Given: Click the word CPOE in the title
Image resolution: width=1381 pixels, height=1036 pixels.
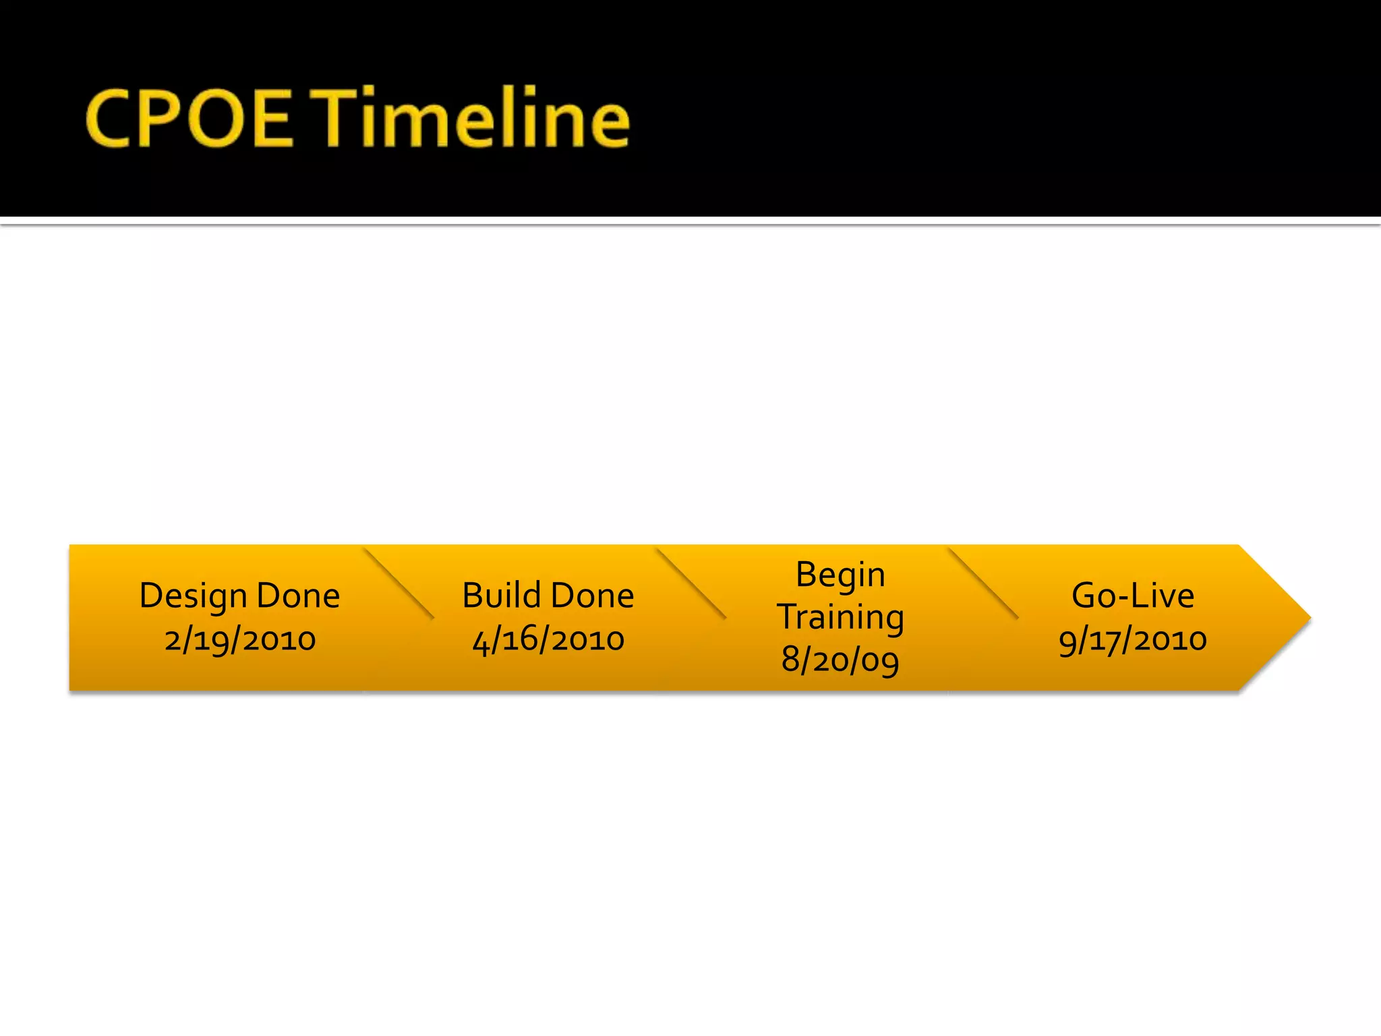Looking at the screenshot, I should click(x=189, y=119).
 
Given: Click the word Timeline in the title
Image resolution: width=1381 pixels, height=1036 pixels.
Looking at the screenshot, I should click(x=473, y=117).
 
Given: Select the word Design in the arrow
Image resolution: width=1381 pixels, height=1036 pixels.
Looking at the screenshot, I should click(x=193, y=597).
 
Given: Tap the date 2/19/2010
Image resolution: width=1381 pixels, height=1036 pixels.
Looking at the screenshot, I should click(x=240, y=639).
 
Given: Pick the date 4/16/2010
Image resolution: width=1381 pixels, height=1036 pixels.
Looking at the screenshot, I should click(x=548, y=639).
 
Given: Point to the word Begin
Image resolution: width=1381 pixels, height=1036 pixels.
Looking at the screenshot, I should click(x=840, y=575).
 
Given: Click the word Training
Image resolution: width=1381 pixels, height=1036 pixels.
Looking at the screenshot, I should click(x=840, y=617).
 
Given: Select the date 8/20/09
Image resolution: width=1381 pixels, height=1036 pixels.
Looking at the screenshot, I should click(x=840, y=660).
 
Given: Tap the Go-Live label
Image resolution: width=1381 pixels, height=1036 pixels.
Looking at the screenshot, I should click(x=1133, y=596).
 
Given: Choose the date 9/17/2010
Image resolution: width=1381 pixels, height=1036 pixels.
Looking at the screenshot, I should click(x=1133, y=639).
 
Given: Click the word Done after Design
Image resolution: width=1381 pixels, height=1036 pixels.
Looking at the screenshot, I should click(x=298, y=596).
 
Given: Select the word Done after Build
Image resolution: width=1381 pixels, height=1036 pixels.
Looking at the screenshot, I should click(x=593, y=596).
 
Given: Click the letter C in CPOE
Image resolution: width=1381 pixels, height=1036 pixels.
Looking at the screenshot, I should click(x=108, y=119).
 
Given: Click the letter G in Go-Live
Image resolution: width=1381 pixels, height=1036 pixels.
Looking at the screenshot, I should click(x=1086, y=596).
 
